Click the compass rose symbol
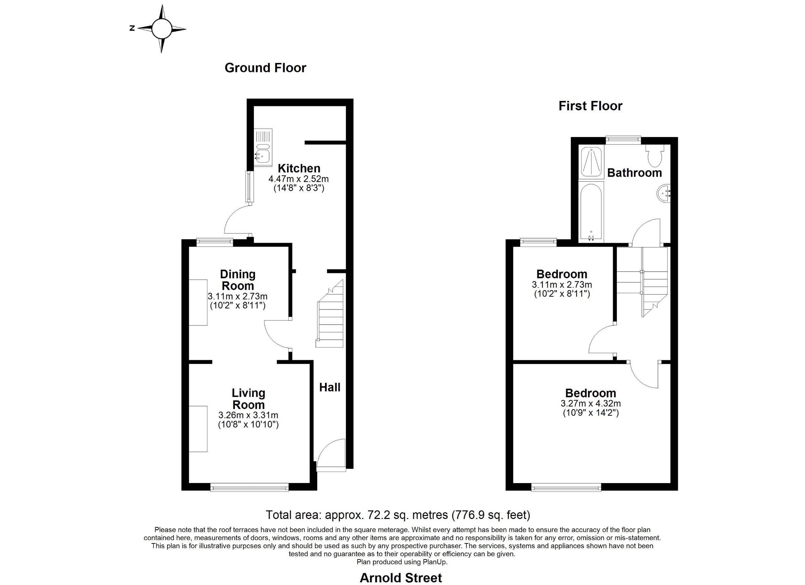point(161,29)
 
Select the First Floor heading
point(591,106)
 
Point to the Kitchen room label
point(299,168)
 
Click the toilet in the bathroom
point(655,155)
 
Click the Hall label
point(330,388)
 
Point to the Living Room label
point(249,399)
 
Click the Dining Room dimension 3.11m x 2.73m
point(237,296)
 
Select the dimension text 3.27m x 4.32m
point(591,403)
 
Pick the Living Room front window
point(250,488)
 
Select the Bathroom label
point(635,173)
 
